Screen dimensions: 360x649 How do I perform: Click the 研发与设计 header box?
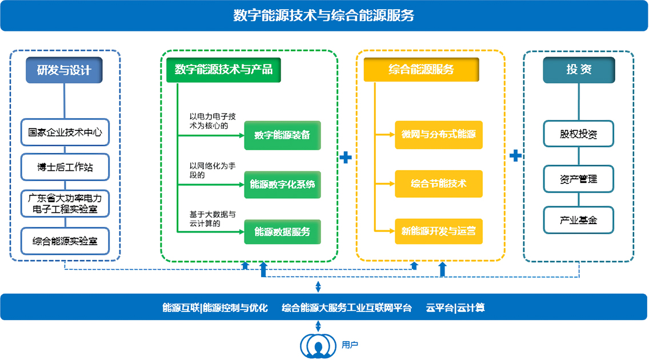(64, 70)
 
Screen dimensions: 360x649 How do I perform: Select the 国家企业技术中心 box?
(65, 132)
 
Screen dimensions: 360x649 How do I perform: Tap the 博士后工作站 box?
(65, 167)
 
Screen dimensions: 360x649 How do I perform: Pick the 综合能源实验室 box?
(65, 241)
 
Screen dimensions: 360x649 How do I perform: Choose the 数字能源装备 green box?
(282, 135)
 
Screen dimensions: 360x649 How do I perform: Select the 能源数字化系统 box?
(282, 184)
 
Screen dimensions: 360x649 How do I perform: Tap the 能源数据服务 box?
(282, 231)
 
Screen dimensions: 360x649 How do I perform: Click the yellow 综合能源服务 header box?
(421, 70)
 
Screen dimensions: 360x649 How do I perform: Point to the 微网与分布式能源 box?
(438, 135)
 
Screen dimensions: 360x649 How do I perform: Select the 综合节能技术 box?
(438, 184)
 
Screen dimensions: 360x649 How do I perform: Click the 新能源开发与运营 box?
(438, 231)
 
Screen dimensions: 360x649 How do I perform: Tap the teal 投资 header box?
(579, 70)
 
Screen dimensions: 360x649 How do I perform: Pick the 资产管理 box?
(579, 179)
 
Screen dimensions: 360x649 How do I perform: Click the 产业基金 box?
(579, 220)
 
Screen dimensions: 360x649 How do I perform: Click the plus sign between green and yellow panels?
(346, 157)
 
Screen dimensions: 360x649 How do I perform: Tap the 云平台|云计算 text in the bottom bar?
(455, 308)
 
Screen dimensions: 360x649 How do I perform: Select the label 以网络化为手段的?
(212, 170)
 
